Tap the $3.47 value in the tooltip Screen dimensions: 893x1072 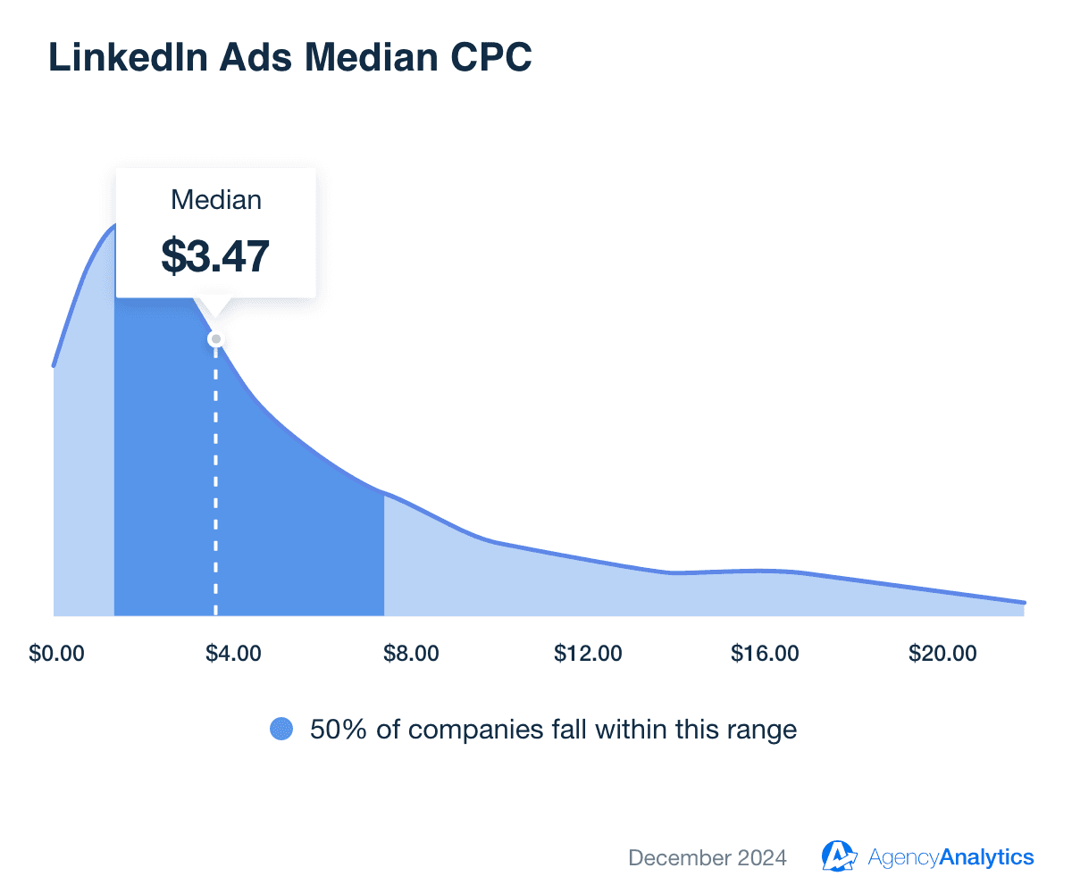coord(215,255)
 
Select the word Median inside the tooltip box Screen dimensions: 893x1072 coord(216,199)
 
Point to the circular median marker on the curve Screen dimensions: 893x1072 coord(215,339)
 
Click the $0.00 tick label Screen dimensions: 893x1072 coord(57,654)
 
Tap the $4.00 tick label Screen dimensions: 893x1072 coord(234,654)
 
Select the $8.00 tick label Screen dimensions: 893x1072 coord(412,654)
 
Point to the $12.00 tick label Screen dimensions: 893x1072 coord(589,654)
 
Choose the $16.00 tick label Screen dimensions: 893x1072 coord(766,654)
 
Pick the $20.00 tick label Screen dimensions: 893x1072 coord(943,654)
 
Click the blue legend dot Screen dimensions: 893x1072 coord(281,730)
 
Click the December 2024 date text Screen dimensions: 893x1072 coord(708,858)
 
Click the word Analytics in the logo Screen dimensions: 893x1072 coord(987,858)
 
